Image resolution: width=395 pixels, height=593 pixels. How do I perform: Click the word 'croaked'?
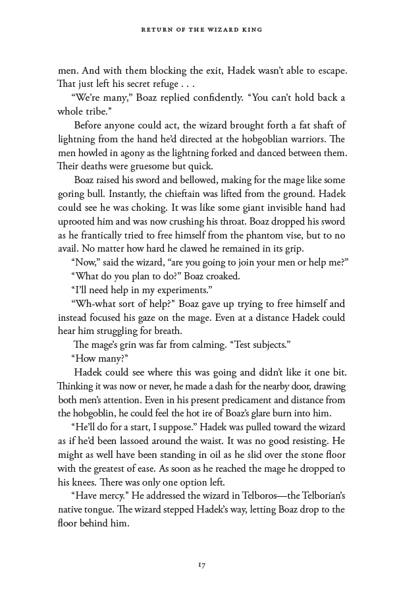point(223,276)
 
